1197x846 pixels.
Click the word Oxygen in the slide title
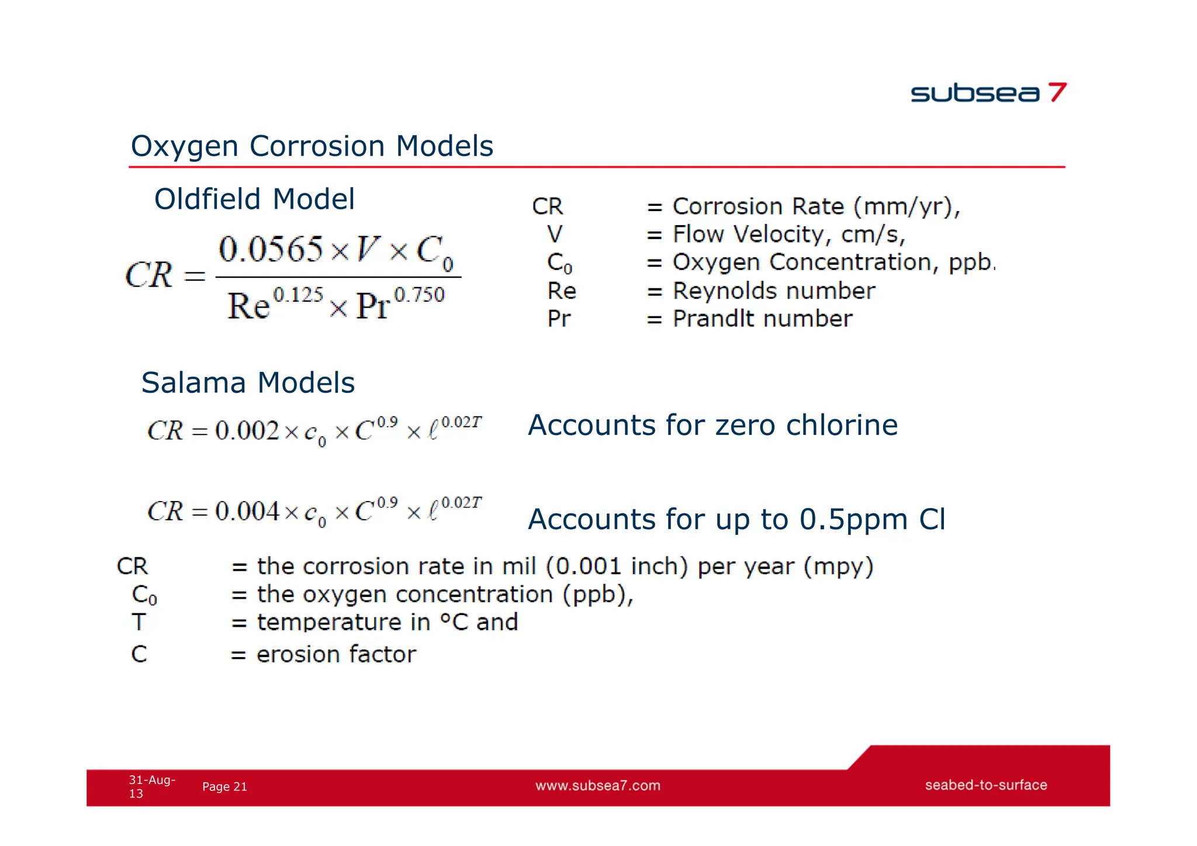[184, 146]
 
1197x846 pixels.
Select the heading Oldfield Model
[254, 199]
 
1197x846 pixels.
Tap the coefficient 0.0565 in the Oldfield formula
[271, 250]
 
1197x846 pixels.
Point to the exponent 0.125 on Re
[298, 294]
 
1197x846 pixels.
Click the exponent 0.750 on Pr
[419, 294]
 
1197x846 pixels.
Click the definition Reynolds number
[773, 291]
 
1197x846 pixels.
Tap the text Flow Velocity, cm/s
[788, 235]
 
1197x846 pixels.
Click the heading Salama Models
[248, 383]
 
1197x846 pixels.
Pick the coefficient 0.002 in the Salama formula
[247, 431]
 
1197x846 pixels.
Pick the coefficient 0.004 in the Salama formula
[247, 512]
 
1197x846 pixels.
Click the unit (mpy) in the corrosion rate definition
[838, 567]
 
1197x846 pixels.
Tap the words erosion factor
[336, 654]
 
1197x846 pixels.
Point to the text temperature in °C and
[387, 622]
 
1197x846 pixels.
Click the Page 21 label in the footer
[224, 787]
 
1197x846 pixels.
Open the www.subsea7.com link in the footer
[597, 786]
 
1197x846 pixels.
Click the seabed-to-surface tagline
[985, 785]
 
